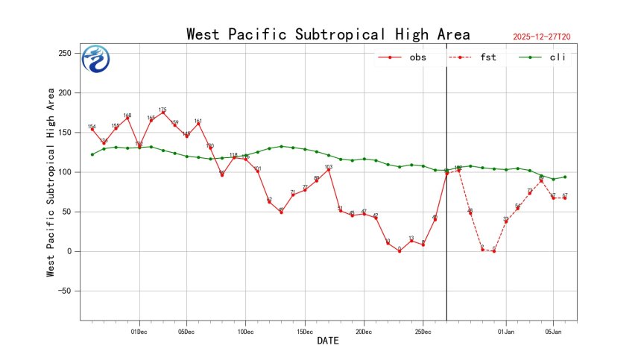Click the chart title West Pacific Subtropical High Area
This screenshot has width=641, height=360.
pos(328,34)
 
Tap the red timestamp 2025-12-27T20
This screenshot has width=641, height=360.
pos(547,36)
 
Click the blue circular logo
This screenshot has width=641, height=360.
pos(95,59)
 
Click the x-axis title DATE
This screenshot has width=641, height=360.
pos(328,341)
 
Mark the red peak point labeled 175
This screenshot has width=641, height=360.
pos(162,113)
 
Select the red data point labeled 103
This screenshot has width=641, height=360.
pos(328,169)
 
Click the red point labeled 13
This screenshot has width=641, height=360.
pos(411,241)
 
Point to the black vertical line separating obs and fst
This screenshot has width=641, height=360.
pos(446,224)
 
